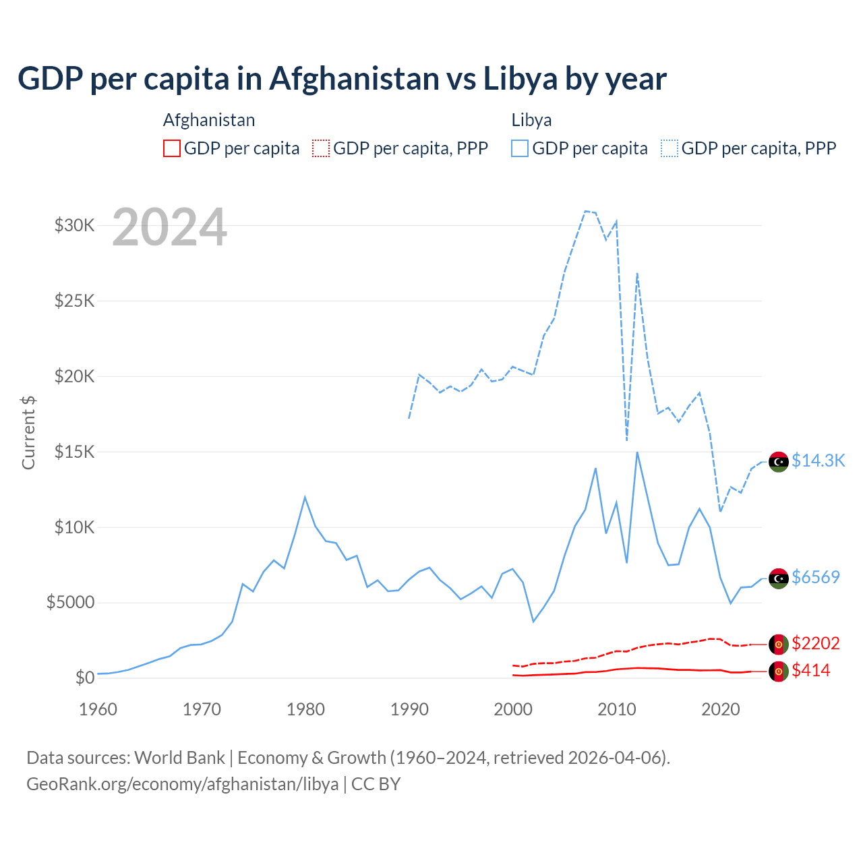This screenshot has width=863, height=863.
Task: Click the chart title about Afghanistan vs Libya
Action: pyautogui.click(x=342, y=79)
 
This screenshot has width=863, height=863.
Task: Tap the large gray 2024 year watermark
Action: pyautogui.click(x=169, y=228)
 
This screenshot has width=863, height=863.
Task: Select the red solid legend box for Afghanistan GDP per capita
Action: pyautogui.click(x=172, y=148)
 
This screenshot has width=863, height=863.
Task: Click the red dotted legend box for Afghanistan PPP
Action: pyautogui.click(x=321, y=148)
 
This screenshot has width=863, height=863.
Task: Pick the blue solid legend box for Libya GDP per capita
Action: pyautogui.click(x=520, y=148)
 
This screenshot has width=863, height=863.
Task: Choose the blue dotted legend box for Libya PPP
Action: pyautogui.click(x=669, y=148)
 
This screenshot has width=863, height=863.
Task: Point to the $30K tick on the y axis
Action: pyautogui.click(x=75, y=225)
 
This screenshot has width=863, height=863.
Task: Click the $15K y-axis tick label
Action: pyautogui.click(x=75, y=452)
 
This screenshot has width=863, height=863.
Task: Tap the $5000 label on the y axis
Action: pyautogui.click(x=71, y=602)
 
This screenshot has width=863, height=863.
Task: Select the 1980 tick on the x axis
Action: pyautogui.click(x=305, y=709)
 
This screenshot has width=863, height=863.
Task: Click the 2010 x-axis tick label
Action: pyautogui.click(x=617, y=709)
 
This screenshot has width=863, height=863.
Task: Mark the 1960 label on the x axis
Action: pyautogui.click(x=98, y=709)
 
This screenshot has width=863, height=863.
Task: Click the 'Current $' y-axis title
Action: pyautogui.click(x=28, y=433)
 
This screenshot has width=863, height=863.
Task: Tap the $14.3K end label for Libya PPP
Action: pyautogui.click(x=818, y=460)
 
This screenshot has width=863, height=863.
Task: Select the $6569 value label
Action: pyautogui.click(x=816, y=577)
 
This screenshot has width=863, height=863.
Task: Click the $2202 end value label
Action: pyautogui.click(x=816, y=643)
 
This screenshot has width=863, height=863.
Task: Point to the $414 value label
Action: pyautogui.click(x=811, y=670)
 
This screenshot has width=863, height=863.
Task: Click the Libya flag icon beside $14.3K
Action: pyautogui.click(x=779, y=462)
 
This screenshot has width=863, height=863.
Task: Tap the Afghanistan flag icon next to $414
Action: pyautogui.click(x=779, y=672)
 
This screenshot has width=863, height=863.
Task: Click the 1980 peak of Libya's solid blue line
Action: pyautogui.click(x=305, y=498)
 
